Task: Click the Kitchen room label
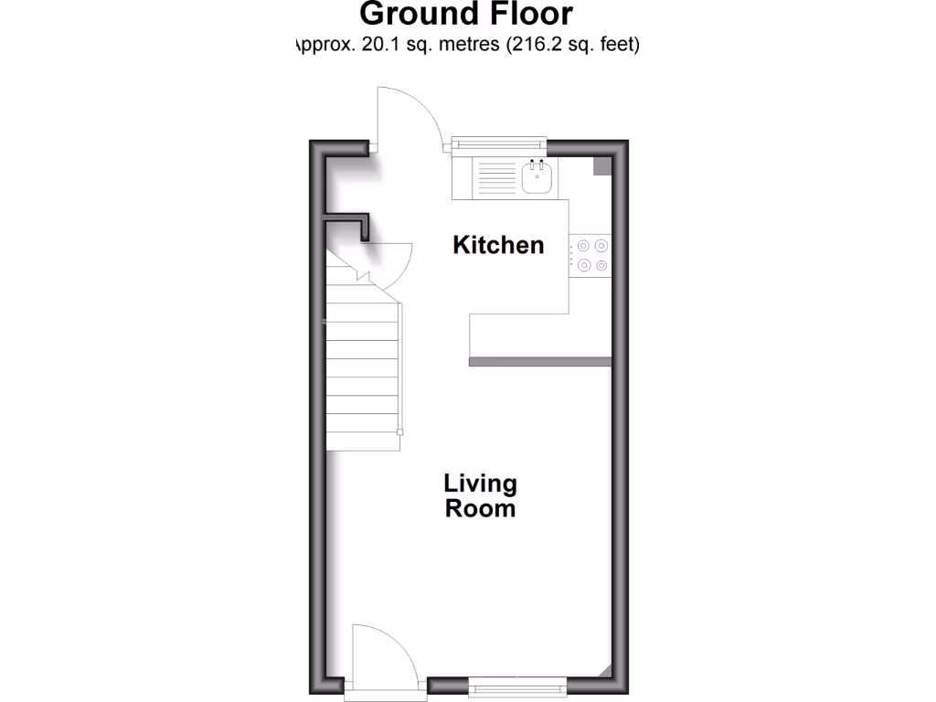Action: tap(498, 245)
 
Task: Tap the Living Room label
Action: tap(480, 495)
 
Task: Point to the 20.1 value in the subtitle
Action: tap(383, 44)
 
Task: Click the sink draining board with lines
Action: tap(495, 177)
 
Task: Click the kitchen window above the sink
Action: tap(500, 144)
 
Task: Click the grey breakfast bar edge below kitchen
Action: tap(539, 362)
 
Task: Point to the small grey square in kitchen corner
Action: tap(602, 165)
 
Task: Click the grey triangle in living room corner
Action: tap(606, 672)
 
